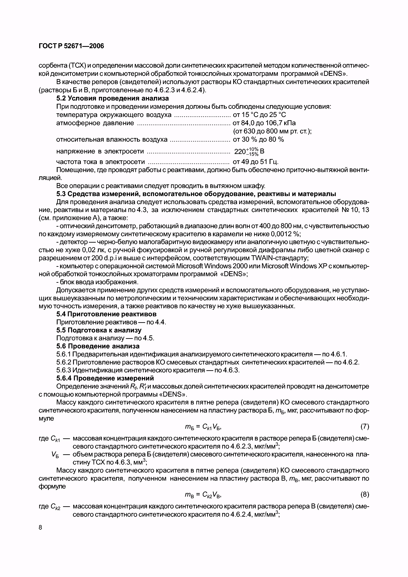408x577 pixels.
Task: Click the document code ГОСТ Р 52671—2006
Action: click(x=71, y=46)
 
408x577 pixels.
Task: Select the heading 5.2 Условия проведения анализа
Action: click(x=112, y=98)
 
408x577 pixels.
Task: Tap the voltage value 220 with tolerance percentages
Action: click(x=249, y=151)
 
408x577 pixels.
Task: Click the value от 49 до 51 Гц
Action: click(x=256, y=162)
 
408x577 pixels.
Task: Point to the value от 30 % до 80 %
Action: click(x=258, y=139)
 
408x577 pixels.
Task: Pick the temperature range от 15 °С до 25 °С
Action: click(x=259, y=115)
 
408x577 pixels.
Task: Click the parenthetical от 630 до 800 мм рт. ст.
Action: click(x=272, y=131)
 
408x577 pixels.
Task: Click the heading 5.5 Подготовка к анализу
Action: click(x=99, y=330)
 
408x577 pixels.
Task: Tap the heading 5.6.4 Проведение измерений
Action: click(x=105, y=378)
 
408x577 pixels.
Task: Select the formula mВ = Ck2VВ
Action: click(x=203, y=495)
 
